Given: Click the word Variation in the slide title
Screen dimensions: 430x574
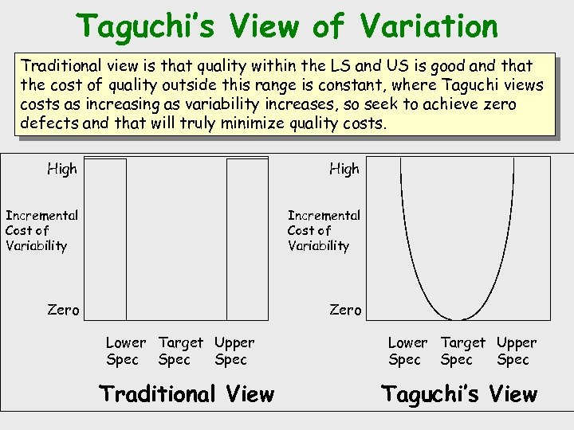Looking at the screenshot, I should pos(429,26).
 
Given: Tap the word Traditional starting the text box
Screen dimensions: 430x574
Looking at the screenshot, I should pos(60,64).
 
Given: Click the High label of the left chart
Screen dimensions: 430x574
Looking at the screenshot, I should pos(62,169).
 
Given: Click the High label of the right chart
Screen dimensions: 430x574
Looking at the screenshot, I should pos(344,169).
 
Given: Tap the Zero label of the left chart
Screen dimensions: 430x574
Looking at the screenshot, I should pos(63,310).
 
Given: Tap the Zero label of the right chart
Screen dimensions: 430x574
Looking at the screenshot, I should pos(345,310).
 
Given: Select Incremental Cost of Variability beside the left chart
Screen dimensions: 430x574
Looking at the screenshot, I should pos(41,230).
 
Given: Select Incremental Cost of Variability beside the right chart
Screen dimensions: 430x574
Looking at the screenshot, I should pos(324,230).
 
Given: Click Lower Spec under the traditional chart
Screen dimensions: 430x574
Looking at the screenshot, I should pos(125,351).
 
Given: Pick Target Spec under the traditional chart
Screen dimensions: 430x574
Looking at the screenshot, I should pos(180,351).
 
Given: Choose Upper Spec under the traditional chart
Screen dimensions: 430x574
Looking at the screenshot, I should pos(234,351).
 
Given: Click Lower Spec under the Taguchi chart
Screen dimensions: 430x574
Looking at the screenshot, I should pos(407,351).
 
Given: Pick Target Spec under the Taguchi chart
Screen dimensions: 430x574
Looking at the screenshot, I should pos(462,351).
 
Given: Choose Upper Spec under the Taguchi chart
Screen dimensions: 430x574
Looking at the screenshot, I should pos(517,351).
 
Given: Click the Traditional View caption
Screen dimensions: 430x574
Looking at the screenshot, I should pos(186,394).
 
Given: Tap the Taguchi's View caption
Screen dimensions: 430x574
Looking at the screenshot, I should pos(459,394).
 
